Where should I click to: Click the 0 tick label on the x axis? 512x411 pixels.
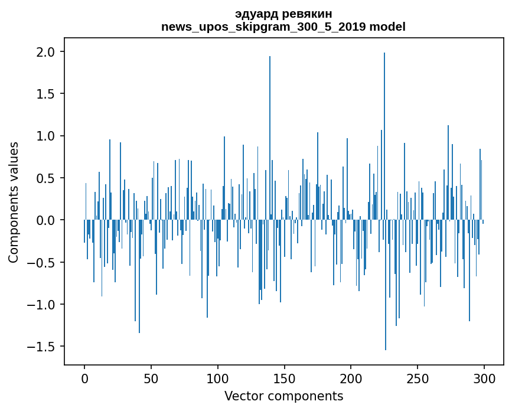(84, 377)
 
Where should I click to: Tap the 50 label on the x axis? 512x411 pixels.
(151, 377)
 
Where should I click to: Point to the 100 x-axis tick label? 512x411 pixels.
(218, 377)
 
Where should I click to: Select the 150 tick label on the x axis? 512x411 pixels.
(285, 377)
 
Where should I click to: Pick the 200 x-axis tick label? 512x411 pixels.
(351, 377)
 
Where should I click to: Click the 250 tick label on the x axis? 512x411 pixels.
(418, 377)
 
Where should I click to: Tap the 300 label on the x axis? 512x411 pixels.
(484, 377)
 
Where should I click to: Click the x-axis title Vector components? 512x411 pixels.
(283, 396)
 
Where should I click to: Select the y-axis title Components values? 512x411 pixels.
(14, 202)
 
